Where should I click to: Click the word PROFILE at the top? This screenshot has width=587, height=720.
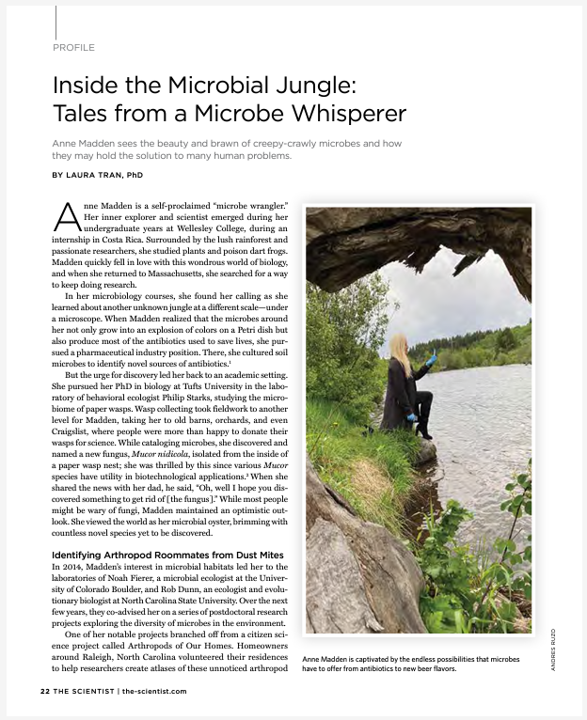[73, 46]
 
